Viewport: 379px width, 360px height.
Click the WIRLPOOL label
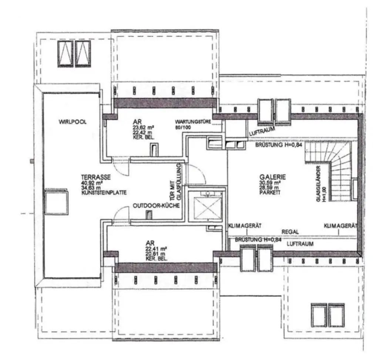pyautogui.click(x=72, y=121)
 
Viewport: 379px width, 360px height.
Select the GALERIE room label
pyautogui.click(x=270, y=177)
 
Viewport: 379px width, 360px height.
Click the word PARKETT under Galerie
pyautogui.click(x=269, y=193)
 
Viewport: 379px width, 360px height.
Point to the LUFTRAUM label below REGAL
pyautogui.click(x=300, y=244)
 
